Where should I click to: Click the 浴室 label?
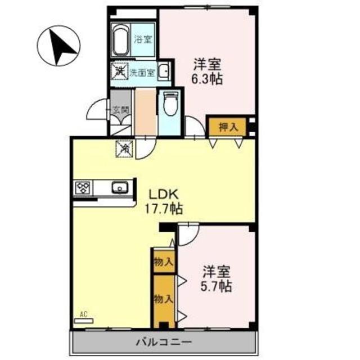tap(142, 39)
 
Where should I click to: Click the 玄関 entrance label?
tap(119, 110)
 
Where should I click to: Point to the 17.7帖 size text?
tap(163, 209)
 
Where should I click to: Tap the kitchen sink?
tap(120, 188)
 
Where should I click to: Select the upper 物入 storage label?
tap(163, 262)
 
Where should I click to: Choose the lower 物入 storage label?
tap(163, 298)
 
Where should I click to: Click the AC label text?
tap(84, 314)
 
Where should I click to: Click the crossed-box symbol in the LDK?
tap(124, 149)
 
